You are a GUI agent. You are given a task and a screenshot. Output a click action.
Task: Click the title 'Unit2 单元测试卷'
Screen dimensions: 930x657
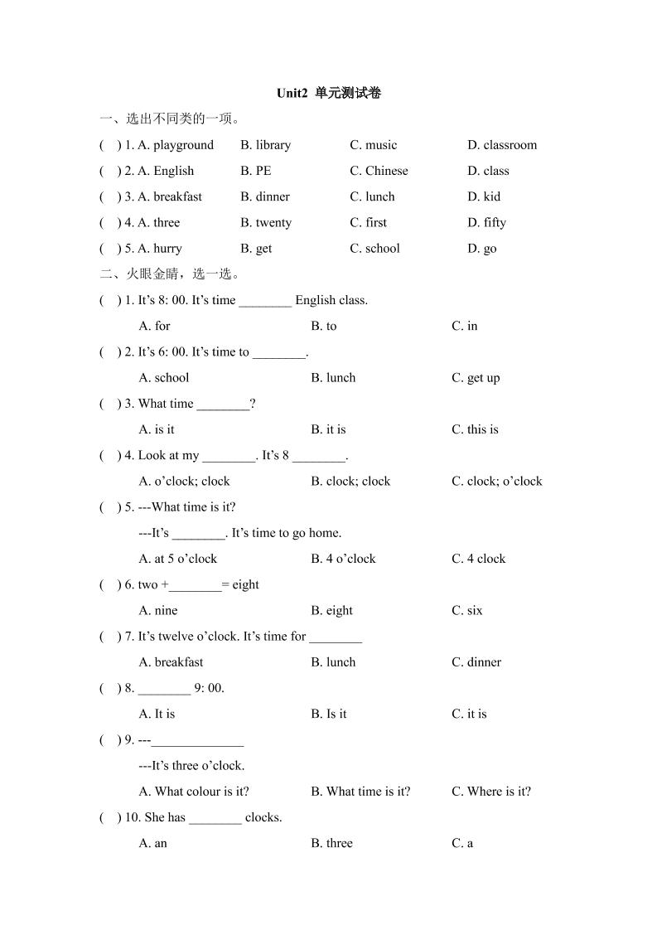point(329,94)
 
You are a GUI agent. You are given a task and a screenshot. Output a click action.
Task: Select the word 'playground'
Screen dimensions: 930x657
point(183,145)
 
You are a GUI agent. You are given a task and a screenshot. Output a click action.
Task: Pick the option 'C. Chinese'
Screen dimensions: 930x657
point(379,171)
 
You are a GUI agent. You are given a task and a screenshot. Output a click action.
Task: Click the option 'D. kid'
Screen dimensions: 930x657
point(484,196)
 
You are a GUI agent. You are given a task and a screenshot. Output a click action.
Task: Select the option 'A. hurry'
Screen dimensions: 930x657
point(160,248)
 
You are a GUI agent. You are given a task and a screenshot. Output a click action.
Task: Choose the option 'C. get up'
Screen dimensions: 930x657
point(476,378)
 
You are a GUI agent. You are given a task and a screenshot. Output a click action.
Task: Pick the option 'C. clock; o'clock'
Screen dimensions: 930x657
point(496,481)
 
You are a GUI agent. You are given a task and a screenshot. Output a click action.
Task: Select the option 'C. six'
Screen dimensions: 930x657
point(466,611)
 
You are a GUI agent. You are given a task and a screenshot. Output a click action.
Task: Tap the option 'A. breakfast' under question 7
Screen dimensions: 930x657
point(171,662)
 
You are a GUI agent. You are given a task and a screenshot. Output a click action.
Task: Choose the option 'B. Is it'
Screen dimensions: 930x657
point(329,714)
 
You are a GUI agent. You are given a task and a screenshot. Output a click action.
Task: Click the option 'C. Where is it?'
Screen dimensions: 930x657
point(491,792)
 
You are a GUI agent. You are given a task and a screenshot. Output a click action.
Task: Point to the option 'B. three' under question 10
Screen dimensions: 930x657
point(331,843)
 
